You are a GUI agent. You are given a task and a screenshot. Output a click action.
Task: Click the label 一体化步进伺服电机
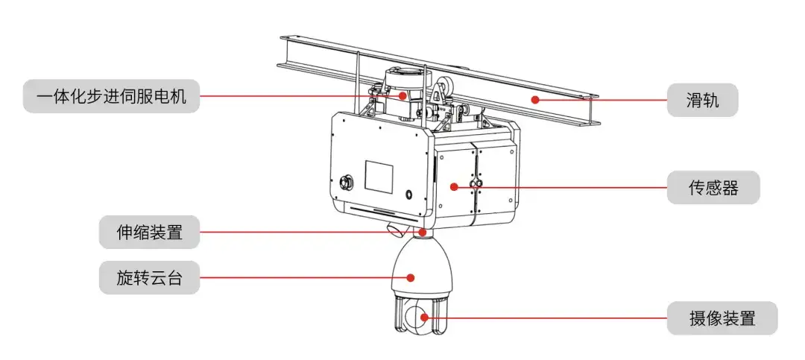tap(111, 96)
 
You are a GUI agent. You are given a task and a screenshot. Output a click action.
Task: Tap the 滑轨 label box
tap(702, 100)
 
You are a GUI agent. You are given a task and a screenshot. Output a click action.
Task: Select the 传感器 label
tap(713, 187)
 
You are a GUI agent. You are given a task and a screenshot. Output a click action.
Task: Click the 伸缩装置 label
tap(149, 232)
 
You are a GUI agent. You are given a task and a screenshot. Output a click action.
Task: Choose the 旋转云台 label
tap(149, 277)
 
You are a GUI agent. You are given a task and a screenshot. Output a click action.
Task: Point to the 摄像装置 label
tap(722, 318)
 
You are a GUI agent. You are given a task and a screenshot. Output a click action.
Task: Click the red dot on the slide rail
tap(535, 100)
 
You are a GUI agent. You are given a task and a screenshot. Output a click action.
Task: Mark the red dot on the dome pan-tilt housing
tap(410, 277)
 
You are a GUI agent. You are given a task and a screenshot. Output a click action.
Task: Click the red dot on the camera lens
tap(424, 317)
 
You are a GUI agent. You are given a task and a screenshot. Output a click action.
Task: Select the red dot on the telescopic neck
tap(422, 232)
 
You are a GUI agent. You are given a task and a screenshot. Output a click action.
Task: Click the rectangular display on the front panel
tap(379, 174)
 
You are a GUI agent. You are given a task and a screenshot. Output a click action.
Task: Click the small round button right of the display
tap(408, 195)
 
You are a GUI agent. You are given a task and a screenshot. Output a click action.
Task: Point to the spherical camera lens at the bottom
tap(417, 318)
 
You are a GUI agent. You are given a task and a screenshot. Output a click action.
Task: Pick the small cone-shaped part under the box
tap(395, 230)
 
